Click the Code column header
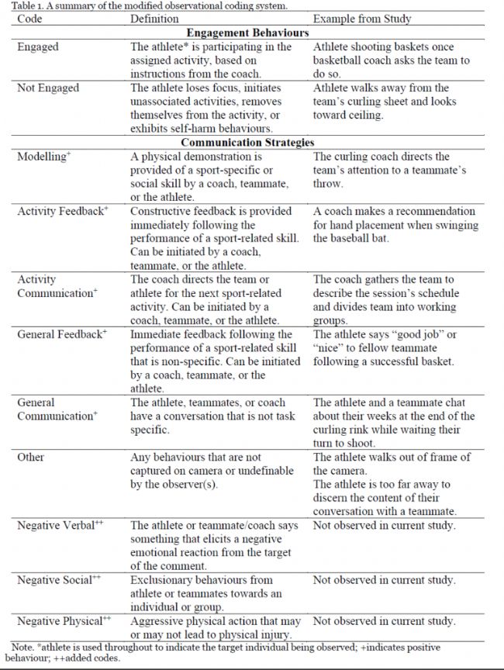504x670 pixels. [x=29, y=19]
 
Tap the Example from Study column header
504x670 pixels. [x=362, y=19]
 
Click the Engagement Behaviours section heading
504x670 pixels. [x=248, y=33]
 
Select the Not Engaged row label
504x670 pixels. [x=48, y=88]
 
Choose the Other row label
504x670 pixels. [x=31, y=458]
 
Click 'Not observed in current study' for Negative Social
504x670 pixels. [x=384, y=580]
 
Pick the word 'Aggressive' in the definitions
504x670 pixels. [x=159, y=621]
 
